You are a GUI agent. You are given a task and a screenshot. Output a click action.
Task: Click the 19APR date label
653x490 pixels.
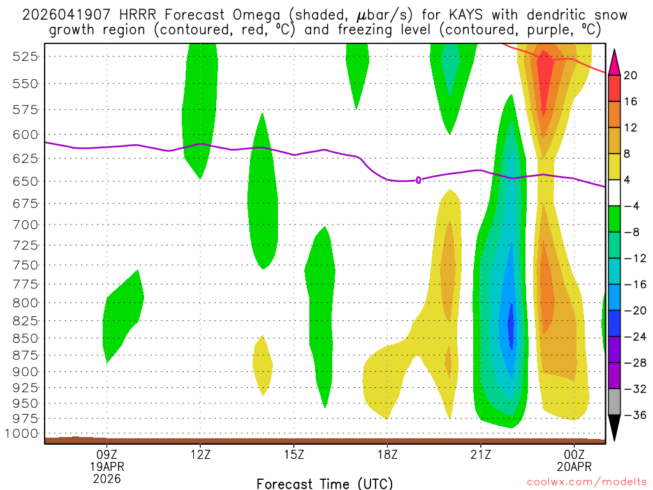tap(107, 466)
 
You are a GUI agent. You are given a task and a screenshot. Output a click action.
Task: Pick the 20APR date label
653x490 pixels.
tap(575, 466)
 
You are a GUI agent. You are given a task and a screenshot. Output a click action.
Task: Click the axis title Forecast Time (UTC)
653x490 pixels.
tap(325, 484)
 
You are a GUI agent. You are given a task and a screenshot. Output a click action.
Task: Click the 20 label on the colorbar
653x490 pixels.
tap(631, 75)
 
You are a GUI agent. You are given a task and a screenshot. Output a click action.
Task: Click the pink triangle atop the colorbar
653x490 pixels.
tap(614, 62)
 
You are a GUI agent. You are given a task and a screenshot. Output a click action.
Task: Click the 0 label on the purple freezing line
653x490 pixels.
tap(418, 180)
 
